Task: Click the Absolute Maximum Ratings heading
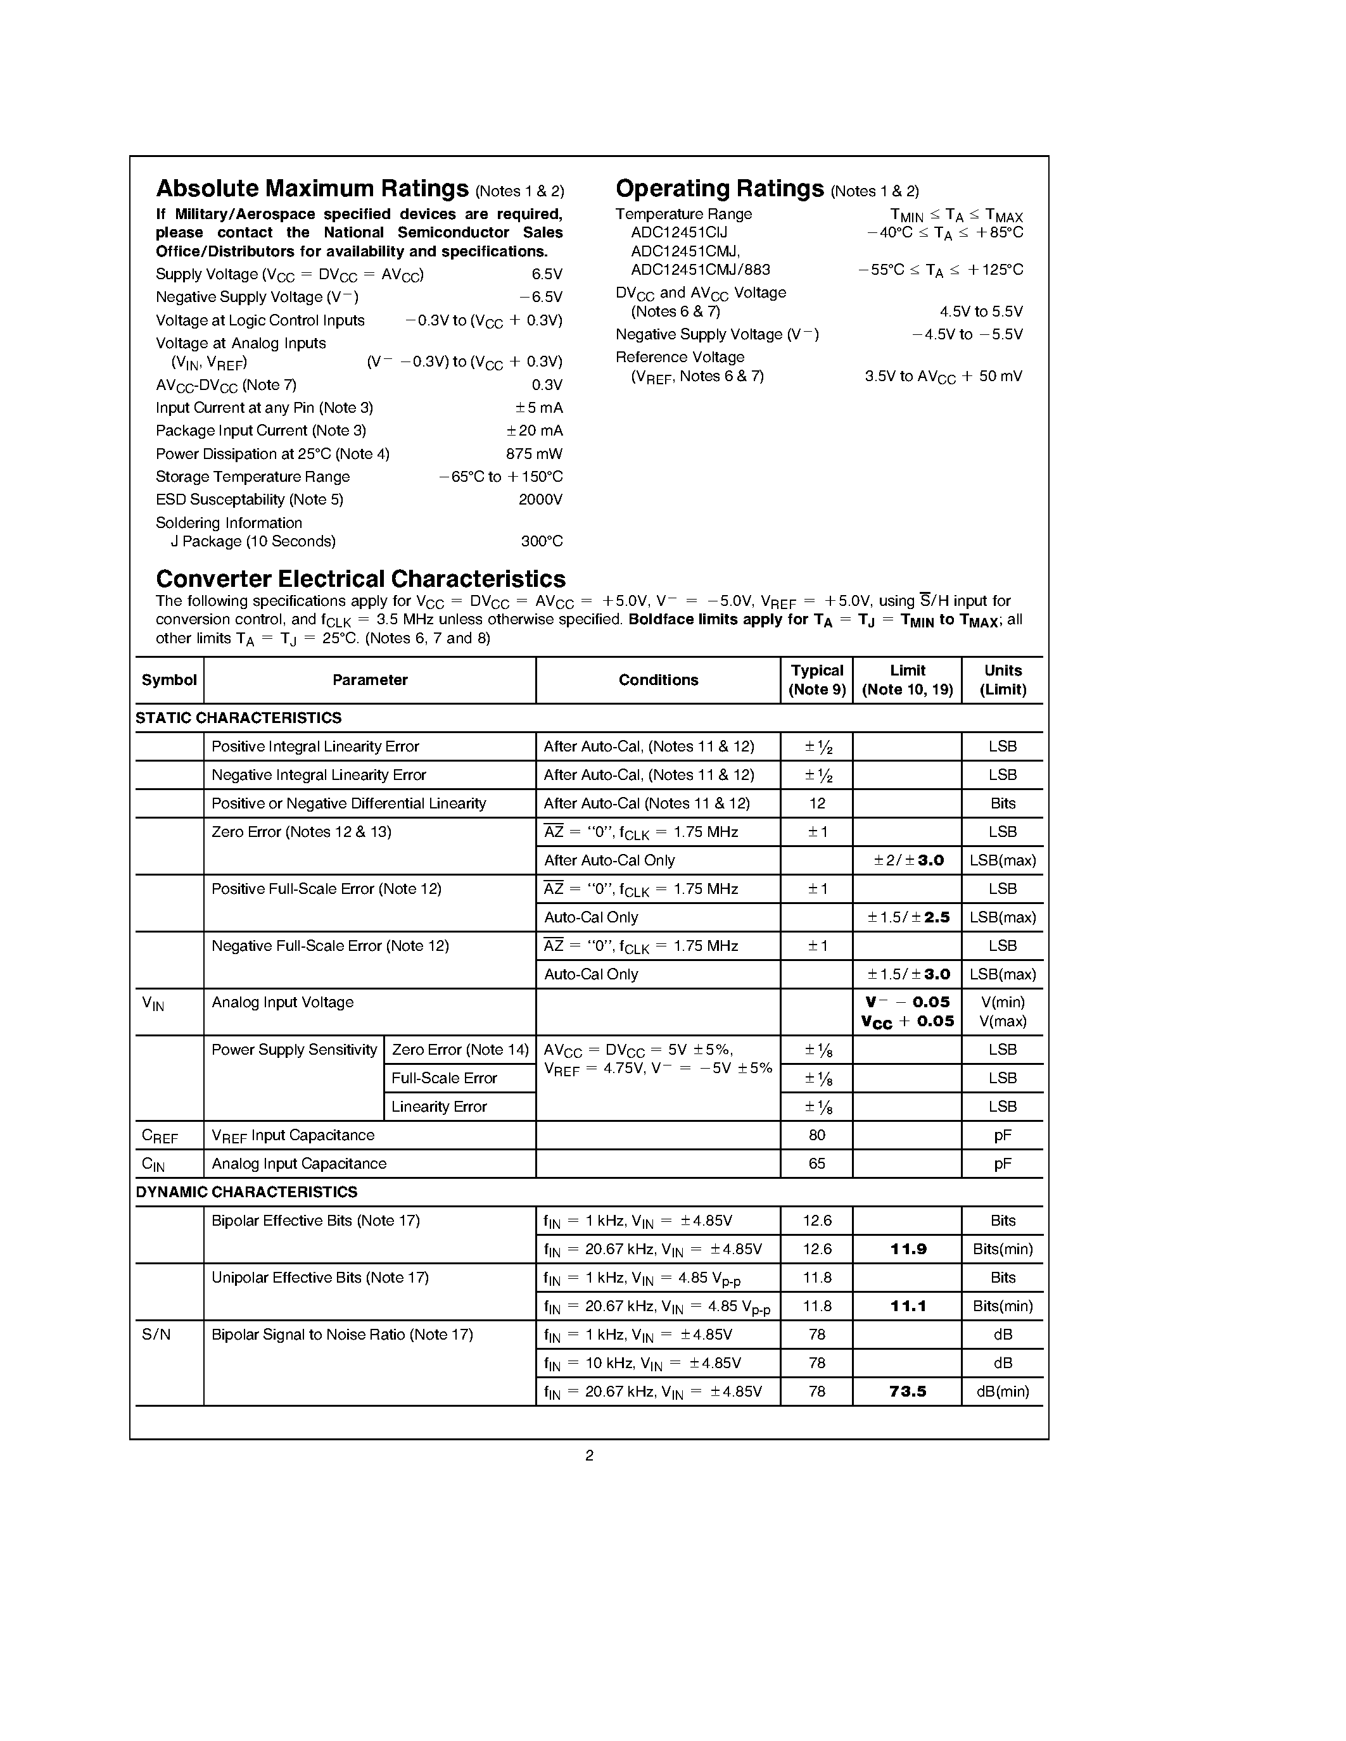point(312,189)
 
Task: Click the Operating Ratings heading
point(720,189)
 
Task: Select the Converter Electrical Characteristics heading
point(360,579)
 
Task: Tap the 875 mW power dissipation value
point(533,453)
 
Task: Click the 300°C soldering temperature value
point(542,541)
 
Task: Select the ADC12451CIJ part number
point(678,233)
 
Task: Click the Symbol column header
point(169,680)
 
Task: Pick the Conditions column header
point(658,680)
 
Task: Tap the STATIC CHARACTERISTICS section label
point(238,717)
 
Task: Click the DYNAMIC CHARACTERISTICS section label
point(246,1191)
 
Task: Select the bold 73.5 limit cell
point(908,1391)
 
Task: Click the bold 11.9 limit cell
point(908,1249)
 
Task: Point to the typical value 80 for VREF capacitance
point(816,1135)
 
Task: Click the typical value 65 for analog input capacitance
point(816,1164)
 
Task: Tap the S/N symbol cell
point(156,1335)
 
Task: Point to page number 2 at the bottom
point(589,1455)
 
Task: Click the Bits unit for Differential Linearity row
point(1002,803)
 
